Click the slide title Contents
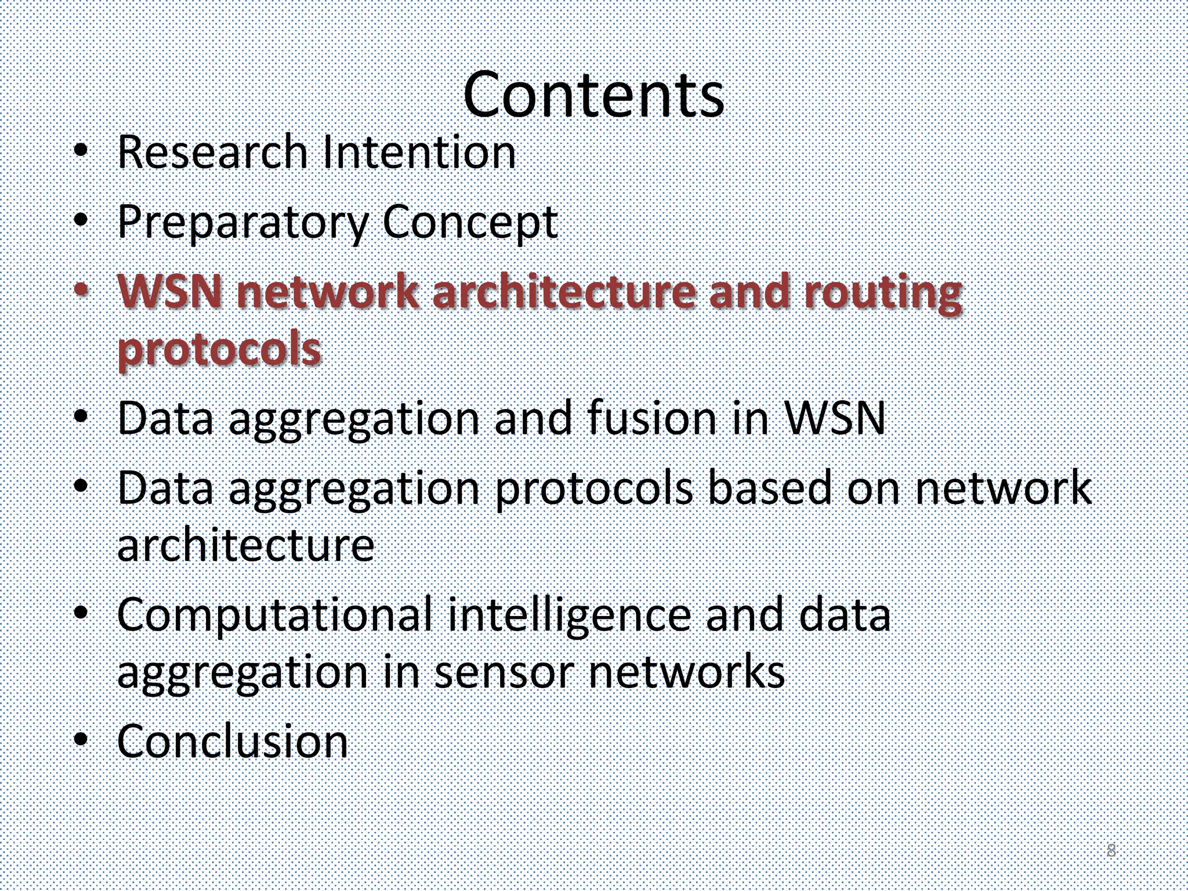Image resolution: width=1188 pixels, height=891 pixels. tap(593, 95)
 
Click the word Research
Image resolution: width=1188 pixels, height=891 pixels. tap(212, 152)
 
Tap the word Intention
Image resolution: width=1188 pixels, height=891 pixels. tap(419, 152)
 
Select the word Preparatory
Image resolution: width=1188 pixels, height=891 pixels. tap(242, 223)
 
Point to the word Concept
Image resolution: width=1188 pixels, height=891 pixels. tap(470, 223)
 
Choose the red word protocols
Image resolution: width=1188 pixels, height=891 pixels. tap(219, 350)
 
